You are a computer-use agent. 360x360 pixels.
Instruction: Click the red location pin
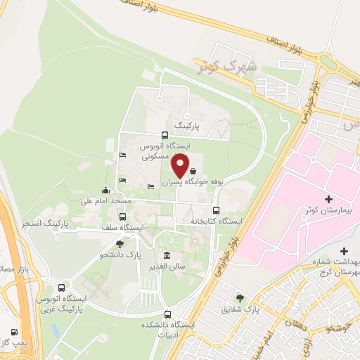[x=181, y=165]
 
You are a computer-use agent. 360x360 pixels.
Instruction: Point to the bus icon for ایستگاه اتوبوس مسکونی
[x=165, y=136]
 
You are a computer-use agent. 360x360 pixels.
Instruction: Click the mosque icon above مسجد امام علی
[x=106, y=189]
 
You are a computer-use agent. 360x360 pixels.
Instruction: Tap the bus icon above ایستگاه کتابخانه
[x=216, y=210]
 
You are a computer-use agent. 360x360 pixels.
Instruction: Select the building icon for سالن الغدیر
[x=166, y=255]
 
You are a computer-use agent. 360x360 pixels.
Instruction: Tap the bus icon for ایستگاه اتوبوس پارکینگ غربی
[x=62, y=288]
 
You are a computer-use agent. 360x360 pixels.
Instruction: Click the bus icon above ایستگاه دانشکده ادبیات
[x=167, y=314]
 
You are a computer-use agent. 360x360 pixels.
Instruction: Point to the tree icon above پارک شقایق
[x=241, y=298]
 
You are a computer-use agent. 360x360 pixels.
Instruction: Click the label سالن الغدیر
[x=166, y=267]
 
